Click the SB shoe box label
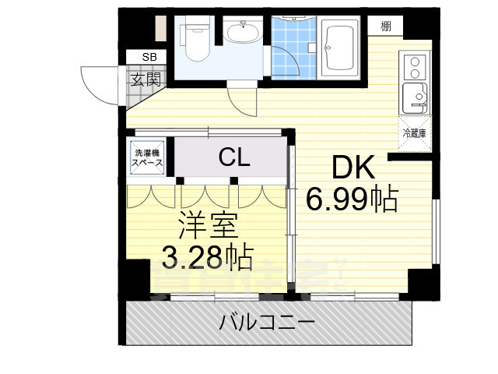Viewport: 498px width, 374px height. tap(149, 57)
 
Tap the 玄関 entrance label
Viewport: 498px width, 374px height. tap(146, 79)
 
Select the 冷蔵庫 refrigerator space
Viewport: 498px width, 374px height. tap(414, 133)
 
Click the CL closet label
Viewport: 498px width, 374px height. tap(233, 159)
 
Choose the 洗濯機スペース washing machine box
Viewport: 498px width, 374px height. tap(147, 158)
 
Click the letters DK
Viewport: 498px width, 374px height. tap(354, 168)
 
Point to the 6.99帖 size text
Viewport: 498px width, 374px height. tap(352, 200)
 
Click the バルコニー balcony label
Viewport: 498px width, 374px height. tap(266, 322)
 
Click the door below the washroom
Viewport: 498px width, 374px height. tap(241, 100)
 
